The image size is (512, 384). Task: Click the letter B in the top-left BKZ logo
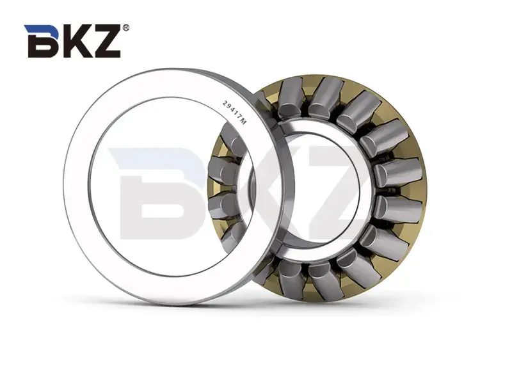coord(43,42)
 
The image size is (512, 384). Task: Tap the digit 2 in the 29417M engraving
coord(223,102)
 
